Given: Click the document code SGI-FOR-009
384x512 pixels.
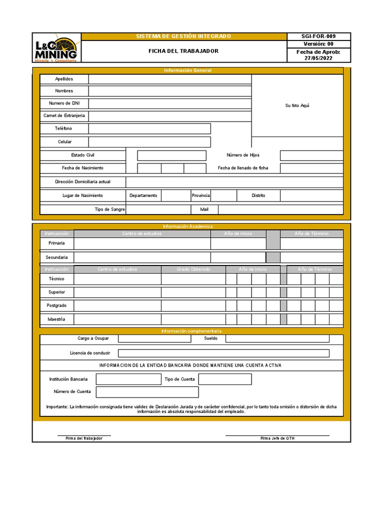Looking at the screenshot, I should pyautogui.click(x=318, y=36).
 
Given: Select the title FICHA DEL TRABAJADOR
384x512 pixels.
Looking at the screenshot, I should pyautogui.click(x=183, y=51).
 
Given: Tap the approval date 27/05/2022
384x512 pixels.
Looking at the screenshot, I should pyautogui.click(x=318, y=58).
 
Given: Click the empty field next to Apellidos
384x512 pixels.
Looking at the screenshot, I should pyautogui.click(x=170, y=79).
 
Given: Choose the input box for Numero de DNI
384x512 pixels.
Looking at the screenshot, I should pyautogui.click(x=170, y=103).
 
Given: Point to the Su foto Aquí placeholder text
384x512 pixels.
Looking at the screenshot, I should pyautogui.click(x=297, y=105).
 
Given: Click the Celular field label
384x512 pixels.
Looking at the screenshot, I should pyautogui.click(x=64, y=142).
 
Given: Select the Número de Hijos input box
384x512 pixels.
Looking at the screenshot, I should pyautogui.click(x=311, y=155).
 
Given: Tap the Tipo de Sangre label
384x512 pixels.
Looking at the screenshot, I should pyautogui.click(x=109, y=209).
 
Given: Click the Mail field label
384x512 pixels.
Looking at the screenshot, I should pyautogui.click(x=204, y=209).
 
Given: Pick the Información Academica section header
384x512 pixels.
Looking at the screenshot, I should pyautogui.click(x=187, y=226).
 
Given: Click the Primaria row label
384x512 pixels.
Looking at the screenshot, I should pyautogui.click(x=56, y=243).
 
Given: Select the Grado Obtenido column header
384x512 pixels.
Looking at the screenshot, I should pyautogui.click(x=193, y=269).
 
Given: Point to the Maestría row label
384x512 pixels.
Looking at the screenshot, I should pyautogui.click(x=56, y=318).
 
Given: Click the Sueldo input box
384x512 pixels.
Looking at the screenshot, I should pyautogui.click(x=277, y=338).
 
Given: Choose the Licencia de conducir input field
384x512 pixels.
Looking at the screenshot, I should pyautogui.click(x=223, y=353).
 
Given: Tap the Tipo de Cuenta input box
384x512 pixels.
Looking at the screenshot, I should pyautogui.click(x=225, y=379).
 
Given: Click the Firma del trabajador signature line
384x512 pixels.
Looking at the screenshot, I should pyautogui.click(x=84, y=435).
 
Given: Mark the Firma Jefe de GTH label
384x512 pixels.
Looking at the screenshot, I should pyautogui.click(x=277, y=438).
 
